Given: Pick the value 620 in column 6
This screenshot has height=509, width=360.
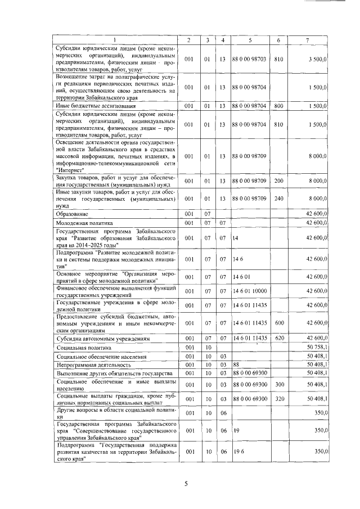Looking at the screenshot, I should [278, 339].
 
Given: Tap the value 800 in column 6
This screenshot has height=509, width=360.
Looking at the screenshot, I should [278, 106].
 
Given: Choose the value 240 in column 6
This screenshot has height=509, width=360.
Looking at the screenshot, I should [278, 199].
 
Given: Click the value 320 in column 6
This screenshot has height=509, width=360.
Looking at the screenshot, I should [278, 399].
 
